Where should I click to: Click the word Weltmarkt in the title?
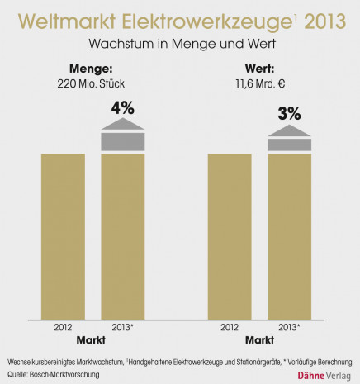[69, 19]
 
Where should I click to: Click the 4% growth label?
[122, 107]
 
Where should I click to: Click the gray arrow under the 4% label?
[122, 135]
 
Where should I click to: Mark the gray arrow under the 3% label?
[289, 140]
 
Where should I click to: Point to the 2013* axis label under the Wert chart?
[289, 327]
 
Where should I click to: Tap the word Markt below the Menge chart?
[92, 340]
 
